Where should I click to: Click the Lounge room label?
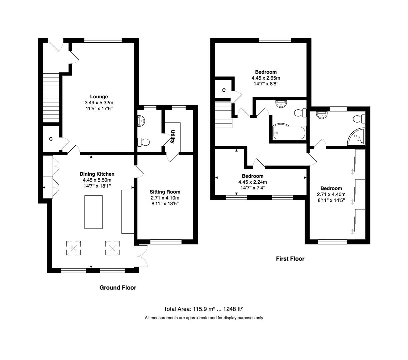[99, 97]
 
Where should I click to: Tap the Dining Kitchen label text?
[97, 174]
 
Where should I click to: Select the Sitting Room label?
[165, 192]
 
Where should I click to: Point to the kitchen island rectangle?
[93, 212]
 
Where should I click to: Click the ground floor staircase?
[51, 98]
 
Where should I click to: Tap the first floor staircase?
[223, 115]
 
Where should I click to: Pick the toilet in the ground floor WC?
[144, 142]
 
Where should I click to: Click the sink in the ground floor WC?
[140, 121]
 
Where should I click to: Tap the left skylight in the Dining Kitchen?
[73, 248]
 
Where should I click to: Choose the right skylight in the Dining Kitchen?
[112, 248]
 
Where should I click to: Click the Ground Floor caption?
[118, 288]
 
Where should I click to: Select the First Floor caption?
[290, 259]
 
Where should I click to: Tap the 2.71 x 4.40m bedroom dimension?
[331, 195]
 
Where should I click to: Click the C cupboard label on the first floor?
[224, 90]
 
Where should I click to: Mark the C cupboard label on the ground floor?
[51, 139]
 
